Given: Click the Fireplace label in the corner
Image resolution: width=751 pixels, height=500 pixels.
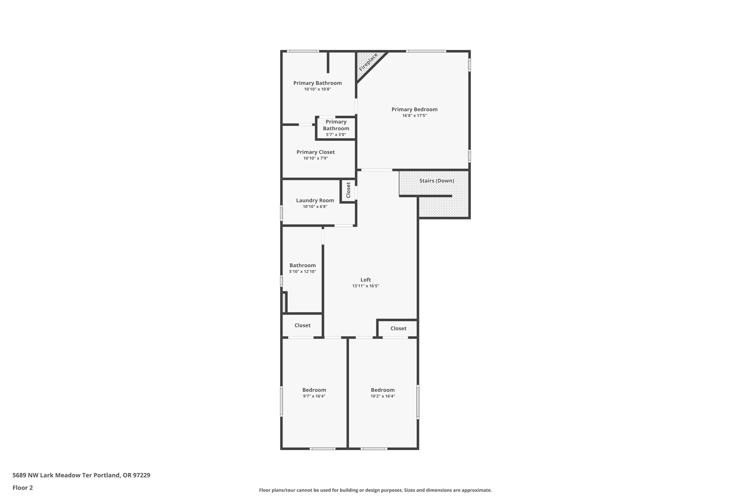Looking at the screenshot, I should [x=368, y=62].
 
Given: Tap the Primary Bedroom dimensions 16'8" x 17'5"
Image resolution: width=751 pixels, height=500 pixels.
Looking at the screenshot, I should [x=414, y=116].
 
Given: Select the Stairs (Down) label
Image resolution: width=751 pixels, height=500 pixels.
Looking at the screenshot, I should [x=436, y=181].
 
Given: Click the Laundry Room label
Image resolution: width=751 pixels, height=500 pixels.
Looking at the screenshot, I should [x=315, y=200].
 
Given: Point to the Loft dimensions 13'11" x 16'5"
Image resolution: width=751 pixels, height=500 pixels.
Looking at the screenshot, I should [x=366, y=286].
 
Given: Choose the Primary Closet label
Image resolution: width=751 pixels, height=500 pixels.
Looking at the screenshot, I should [x=315, y=152].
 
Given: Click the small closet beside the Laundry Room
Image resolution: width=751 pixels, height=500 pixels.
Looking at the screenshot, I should [x=348, y=190].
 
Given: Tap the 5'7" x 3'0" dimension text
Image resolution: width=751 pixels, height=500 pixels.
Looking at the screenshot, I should [x=336, y=135].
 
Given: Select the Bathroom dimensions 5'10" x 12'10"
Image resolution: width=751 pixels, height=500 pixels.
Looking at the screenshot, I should [x=303, y=272].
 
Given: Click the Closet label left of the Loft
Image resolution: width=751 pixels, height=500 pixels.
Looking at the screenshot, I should [x=302, y=325].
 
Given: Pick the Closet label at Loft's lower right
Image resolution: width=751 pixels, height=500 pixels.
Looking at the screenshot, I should [x=398, y=329].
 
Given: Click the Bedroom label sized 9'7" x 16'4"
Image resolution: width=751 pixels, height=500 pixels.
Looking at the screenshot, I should [x=314, y=390].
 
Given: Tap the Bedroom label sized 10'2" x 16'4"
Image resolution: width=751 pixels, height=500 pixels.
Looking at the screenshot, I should [x=382, y=390].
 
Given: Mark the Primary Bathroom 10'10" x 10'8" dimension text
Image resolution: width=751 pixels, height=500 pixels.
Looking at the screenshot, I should [x=318, y=89].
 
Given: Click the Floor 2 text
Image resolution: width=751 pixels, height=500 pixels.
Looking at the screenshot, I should [x=23, y=488].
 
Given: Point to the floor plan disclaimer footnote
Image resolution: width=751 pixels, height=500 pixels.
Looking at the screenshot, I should [x=375, y=490].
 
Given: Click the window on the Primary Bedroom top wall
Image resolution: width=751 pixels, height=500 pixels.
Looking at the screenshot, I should [x=426, y=51].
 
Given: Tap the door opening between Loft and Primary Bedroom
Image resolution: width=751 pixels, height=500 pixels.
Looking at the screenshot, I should [x=377, y=170].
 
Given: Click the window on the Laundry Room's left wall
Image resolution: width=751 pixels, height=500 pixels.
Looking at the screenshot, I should [x=282, y=213].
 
